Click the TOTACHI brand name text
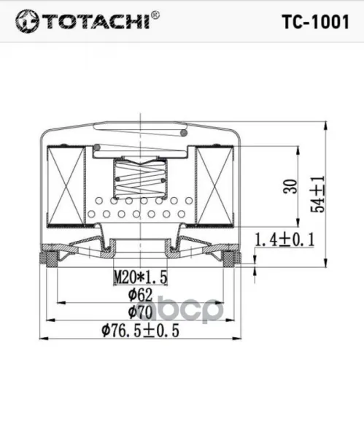click(x=98, y=20)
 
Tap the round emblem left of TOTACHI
click(x=27, y=21)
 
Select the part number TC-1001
click(x=316, y=22)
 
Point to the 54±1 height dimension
click(x=318, y=194)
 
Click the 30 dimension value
click(x=290, y=186)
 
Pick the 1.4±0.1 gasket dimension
click(x=284, y=239)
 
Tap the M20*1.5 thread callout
click(x=141, y=277)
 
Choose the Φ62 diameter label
click(x=140, y=295)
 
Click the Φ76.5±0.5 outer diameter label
click(x=140, y=331)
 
